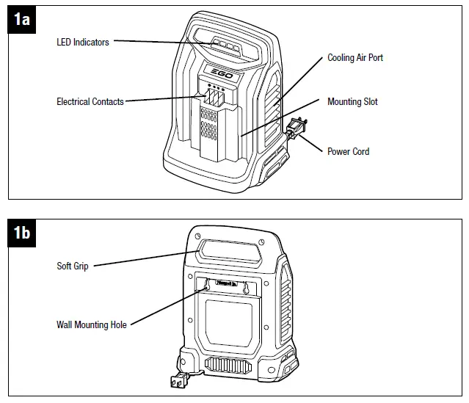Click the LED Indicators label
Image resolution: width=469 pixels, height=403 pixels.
(x=83, y=42)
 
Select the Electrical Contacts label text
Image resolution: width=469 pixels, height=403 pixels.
(x=90, y=101)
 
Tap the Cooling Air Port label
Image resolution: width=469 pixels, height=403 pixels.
(x=355, y=57)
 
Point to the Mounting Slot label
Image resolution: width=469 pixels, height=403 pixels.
(x=352, y=101)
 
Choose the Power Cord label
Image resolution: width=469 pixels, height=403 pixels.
(x=348, y=151)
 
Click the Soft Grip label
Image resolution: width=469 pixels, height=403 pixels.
(x=73, y=266)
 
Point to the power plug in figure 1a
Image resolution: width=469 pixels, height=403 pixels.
(x=294, y=128)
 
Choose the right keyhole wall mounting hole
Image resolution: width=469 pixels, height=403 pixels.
(x=247, y=286)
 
